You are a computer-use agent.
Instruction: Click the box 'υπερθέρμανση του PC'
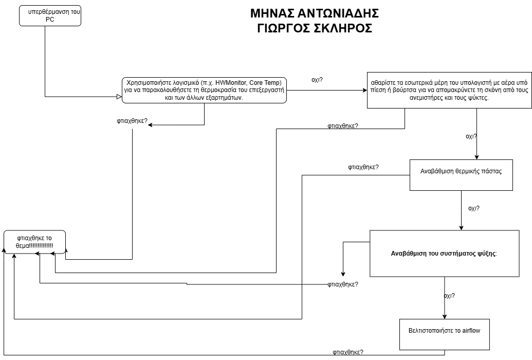[50, 15]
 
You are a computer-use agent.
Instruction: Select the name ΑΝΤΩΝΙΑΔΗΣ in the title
[338, 13]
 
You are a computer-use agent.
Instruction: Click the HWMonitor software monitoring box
[204, 91]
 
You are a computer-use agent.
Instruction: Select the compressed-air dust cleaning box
[449, 91]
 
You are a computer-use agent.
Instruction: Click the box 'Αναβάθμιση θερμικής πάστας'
[461, 175]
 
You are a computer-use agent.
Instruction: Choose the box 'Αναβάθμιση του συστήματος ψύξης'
[445, 254]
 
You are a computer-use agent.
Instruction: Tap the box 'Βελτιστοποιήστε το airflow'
[445, 334]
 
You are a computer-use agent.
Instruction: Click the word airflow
[471, 331]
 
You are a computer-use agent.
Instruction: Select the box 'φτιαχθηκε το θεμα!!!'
[34, 242]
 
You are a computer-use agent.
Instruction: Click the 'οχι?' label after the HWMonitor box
[317, 80]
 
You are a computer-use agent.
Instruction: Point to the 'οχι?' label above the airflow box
[449, 296]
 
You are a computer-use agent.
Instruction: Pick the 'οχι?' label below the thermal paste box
[474, 208]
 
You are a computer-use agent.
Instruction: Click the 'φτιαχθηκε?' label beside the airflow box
[348, 352]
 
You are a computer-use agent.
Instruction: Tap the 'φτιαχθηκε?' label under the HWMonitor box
[132, 121]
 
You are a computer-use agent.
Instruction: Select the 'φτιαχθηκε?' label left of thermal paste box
[363, 167]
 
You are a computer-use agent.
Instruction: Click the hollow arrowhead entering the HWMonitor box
[119, 97]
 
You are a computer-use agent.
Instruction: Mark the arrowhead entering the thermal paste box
[476, 157]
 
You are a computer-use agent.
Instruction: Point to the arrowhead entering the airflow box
[445, 316]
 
